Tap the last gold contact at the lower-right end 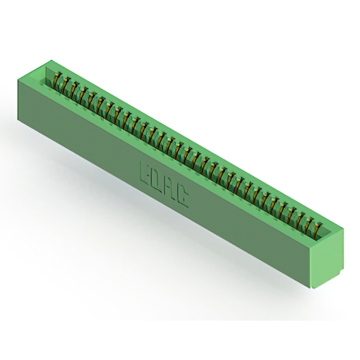coord(316,230)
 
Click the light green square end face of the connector coord(326,258)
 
